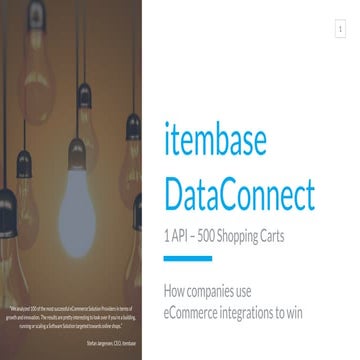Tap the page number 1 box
tap(340, 31)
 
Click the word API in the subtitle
tap(180, 239)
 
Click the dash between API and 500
tap(195, 239)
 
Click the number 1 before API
tap(166, 239)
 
